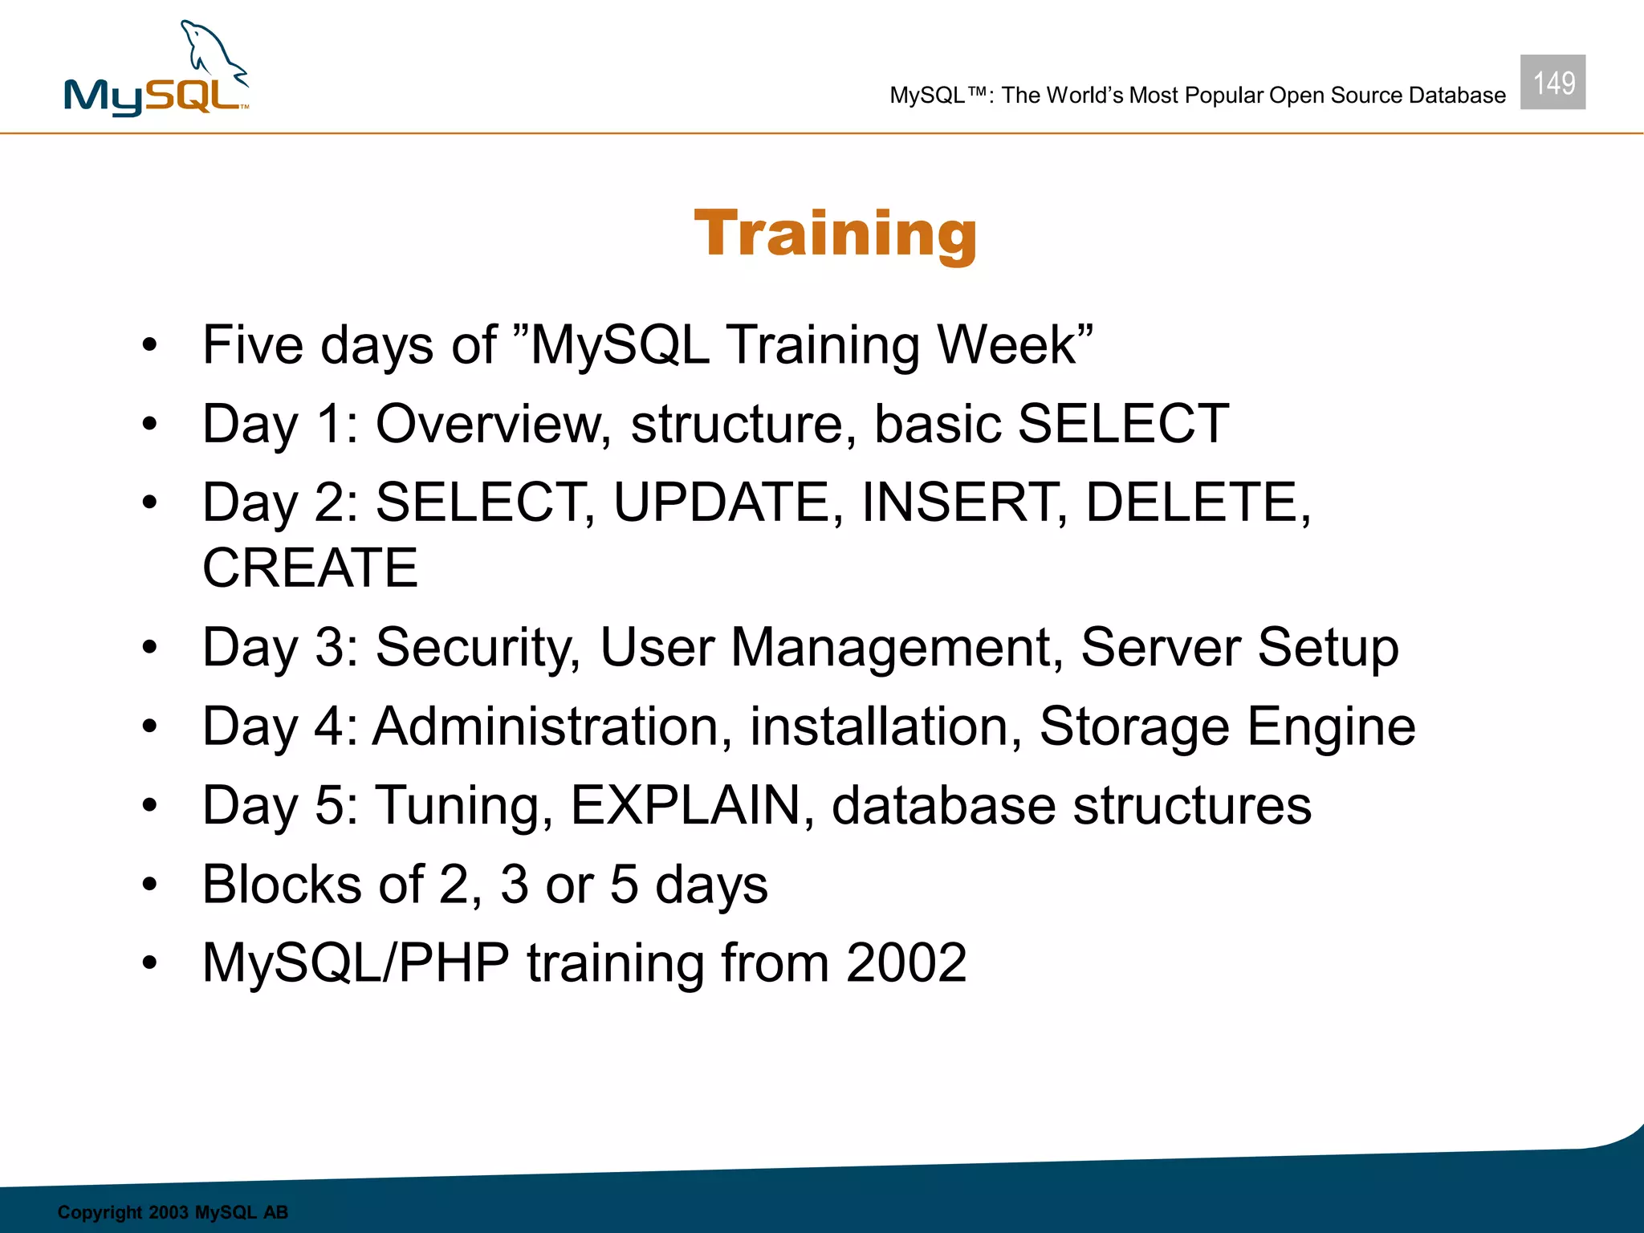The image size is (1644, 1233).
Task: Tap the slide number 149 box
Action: (x=1552, y=83)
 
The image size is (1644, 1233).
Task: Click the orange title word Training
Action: (x=836, y=234)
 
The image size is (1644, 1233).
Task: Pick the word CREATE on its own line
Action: (x=311, y=568)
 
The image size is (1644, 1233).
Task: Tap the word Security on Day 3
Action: (x=478, y=647)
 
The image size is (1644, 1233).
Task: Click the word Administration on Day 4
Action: (x=553, y=726)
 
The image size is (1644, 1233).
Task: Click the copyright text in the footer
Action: (x=173, y=1212)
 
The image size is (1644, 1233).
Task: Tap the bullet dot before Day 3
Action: (x=150, y=647)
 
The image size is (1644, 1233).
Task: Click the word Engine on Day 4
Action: (x=1331, y=726)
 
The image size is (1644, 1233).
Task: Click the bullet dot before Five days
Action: (x=150, y=345)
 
